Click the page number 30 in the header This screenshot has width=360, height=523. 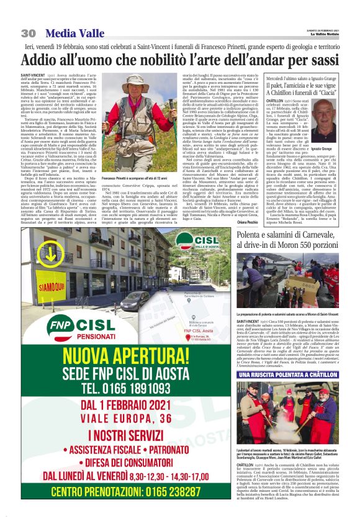[28, 32]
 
